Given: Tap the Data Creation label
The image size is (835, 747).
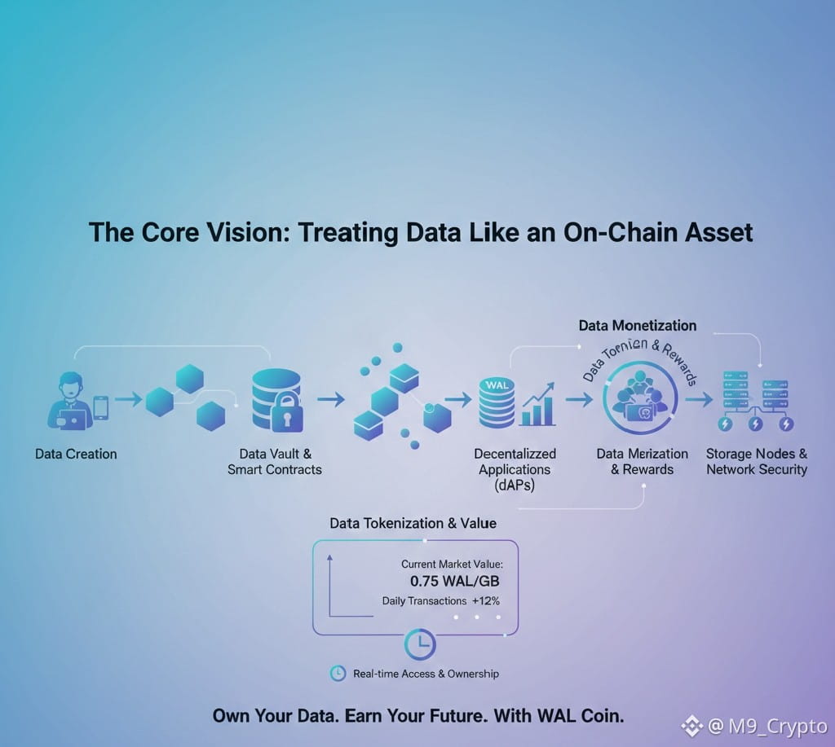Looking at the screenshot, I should coord(76,454).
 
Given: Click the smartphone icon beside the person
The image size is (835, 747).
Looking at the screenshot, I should coord(100,407).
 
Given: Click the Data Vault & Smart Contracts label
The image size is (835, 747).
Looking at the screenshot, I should coord(275,461).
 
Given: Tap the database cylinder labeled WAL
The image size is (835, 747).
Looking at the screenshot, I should coord(497,402).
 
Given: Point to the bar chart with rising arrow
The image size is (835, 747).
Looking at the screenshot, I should coord(538,406).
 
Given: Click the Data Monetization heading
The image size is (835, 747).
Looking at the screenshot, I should coord(638,326).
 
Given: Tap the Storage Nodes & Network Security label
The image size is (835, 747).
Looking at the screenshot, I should coord(757,461).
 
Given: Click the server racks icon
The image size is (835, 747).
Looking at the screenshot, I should coord(757,399).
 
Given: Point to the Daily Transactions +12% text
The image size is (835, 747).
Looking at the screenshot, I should coord(440,601).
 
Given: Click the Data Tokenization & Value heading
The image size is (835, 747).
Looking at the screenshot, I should coord(413,523).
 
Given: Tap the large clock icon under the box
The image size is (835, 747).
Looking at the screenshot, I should coord(420,644).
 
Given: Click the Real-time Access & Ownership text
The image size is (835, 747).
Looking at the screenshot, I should coord(426,674).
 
